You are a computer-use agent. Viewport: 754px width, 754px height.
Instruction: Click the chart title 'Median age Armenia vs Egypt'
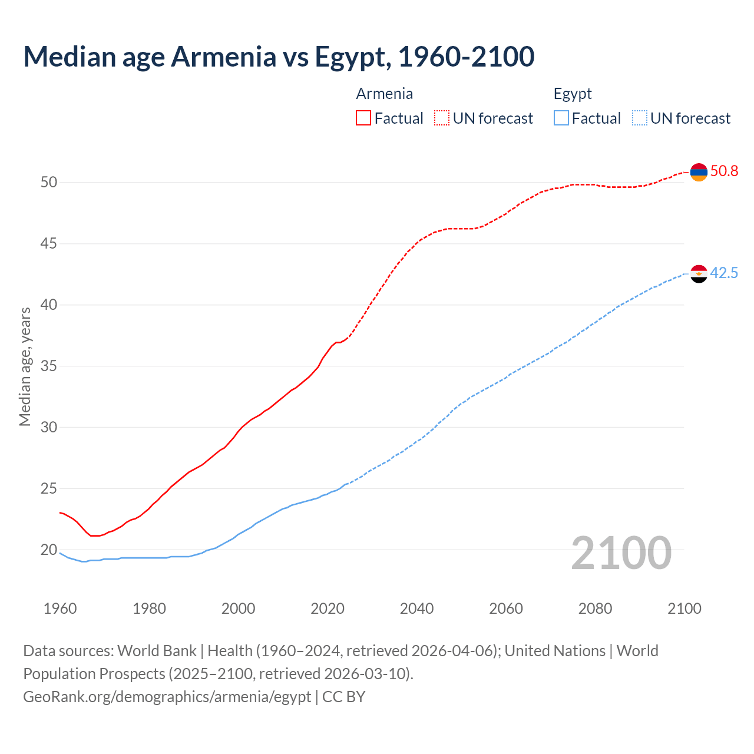point(279,57)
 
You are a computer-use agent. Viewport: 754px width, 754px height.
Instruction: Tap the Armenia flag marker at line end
point(699,172)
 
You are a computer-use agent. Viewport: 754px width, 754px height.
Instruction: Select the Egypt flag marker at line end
point(699,274)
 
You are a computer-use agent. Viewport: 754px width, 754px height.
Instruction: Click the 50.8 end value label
point(724,171)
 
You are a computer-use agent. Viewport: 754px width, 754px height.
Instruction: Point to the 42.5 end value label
point(724,273)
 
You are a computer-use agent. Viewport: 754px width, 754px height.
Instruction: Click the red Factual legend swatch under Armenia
point(363,118)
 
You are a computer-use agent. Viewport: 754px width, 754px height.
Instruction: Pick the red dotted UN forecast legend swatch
point(442,118)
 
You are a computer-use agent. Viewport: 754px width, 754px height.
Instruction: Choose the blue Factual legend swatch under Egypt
point(561,118)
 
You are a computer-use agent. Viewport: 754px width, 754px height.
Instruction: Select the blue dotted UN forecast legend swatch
point(639,118)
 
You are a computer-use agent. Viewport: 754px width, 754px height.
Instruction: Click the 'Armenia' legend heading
point(384,94)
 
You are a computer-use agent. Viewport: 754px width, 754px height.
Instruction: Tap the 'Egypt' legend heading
point(573,94)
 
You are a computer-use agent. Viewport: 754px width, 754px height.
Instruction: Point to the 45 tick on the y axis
point(49,243)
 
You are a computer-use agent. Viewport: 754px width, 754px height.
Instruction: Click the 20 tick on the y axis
point(49,550)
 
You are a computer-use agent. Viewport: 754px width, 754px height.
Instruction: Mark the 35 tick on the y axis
point(49,366)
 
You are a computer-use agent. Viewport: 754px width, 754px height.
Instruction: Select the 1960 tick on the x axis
point(60,609)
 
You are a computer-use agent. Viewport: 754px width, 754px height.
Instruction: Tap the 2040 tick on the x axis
point(416,609)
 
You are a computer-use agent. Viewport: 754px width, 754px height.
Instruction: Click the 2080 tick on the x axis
point(595,609)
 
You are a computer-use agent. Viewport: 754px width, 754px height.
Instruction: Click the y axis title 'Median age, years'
point(25,366)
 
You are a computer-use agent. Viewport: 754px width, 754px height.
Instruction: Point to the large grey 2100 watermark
point(621,553)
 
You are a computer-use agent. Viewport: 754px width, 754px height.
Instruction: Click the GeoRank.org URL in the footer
point(167,697)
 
